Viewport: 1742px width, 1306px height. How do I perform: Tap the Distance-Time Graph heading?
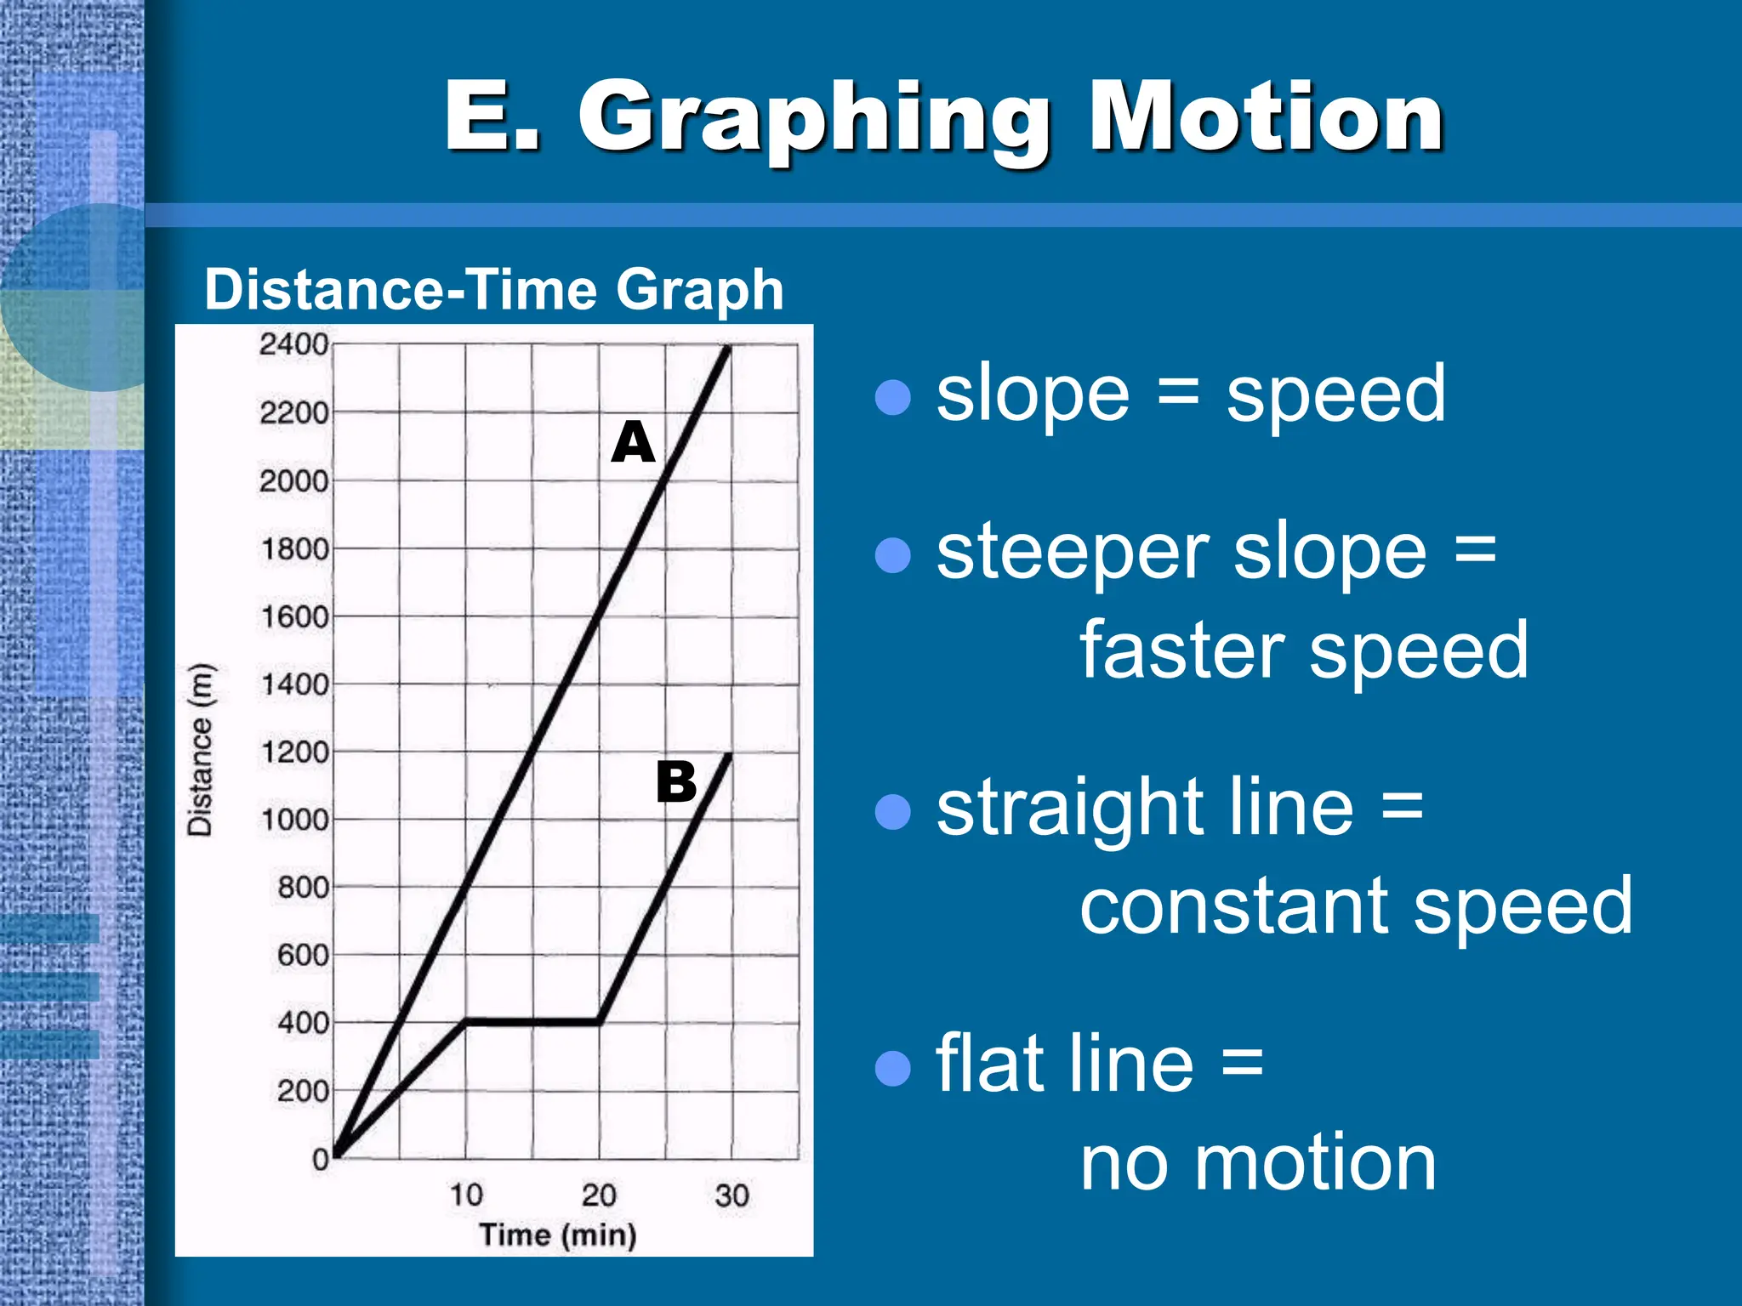(493, 290)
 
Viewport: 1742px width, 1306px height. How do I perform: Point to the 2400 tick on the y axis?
(293, 344)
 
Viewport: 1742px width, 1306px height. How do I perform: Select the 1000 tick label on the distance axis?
(294, 821)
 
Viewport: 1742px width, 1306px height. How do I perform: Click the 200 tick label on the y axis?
(303, 1091)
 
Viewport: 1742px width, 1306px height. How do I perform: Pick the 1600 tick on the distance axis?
(294, 616)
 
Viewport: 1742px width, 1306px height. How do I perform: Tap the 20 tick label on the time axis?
(599, 1195)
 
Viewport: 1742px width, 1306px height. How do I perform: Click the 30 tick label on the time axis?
(732, 1195)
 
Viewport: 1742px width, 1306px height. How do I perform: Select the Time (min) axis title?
(558, 1235)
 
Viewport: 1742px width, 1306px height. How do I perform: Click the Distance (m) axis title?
(200, 750)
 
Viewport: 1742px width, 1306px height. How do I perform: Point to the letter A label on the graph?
(633, 442)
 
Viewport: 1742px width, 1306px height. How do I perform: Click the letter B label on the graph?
(676, 782)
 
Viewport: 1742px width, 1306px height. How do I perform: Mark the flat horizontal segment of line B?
(532, 1021)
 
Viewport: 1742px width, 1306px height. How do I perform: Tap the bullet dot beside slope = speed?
(893, 397)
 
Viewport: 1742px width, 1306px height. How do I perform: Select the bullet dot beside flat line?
(893, 1069)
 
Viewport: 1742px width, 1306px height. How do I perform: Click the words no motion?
(1259, 1163)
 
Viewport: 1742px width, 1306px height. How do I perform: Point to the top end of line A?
(728, 347)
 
